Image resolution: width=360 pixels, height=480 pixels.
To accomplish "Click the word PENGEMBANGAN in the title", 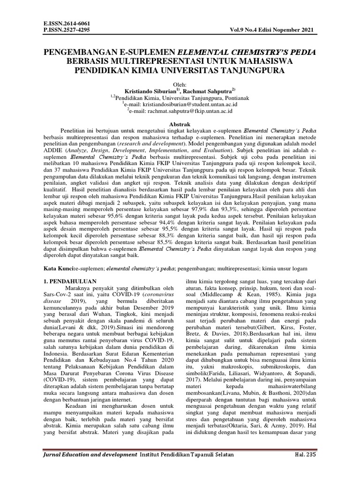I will (80, 52).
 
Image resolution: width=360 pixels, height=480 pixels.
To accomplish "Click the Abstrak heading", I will (180, 122).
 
